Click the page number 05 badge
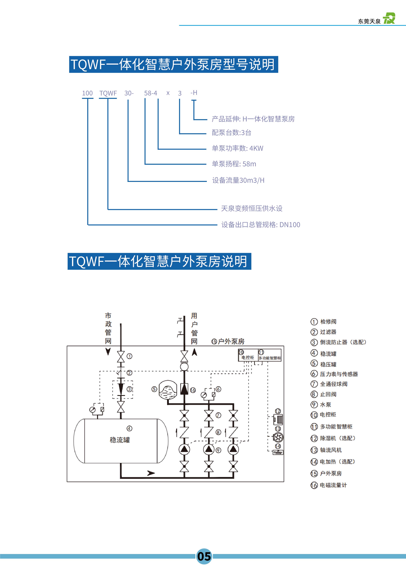click(x=204, y=556)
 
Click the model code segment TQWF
click(x=108, y=93)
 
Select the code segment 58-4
click(x=151, y=93)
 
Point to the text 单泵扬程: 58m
click(x=234, y=164)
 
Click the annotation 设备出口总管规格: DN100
click(x=261, y=225)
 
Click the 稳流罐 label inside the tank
click(x=120, y=440)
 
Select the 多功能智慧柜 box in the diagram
click(x=270, y=355)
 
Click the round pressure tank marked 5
click(x=168, y=390)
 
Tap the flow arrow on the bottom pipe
click(x=151, y=473)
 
